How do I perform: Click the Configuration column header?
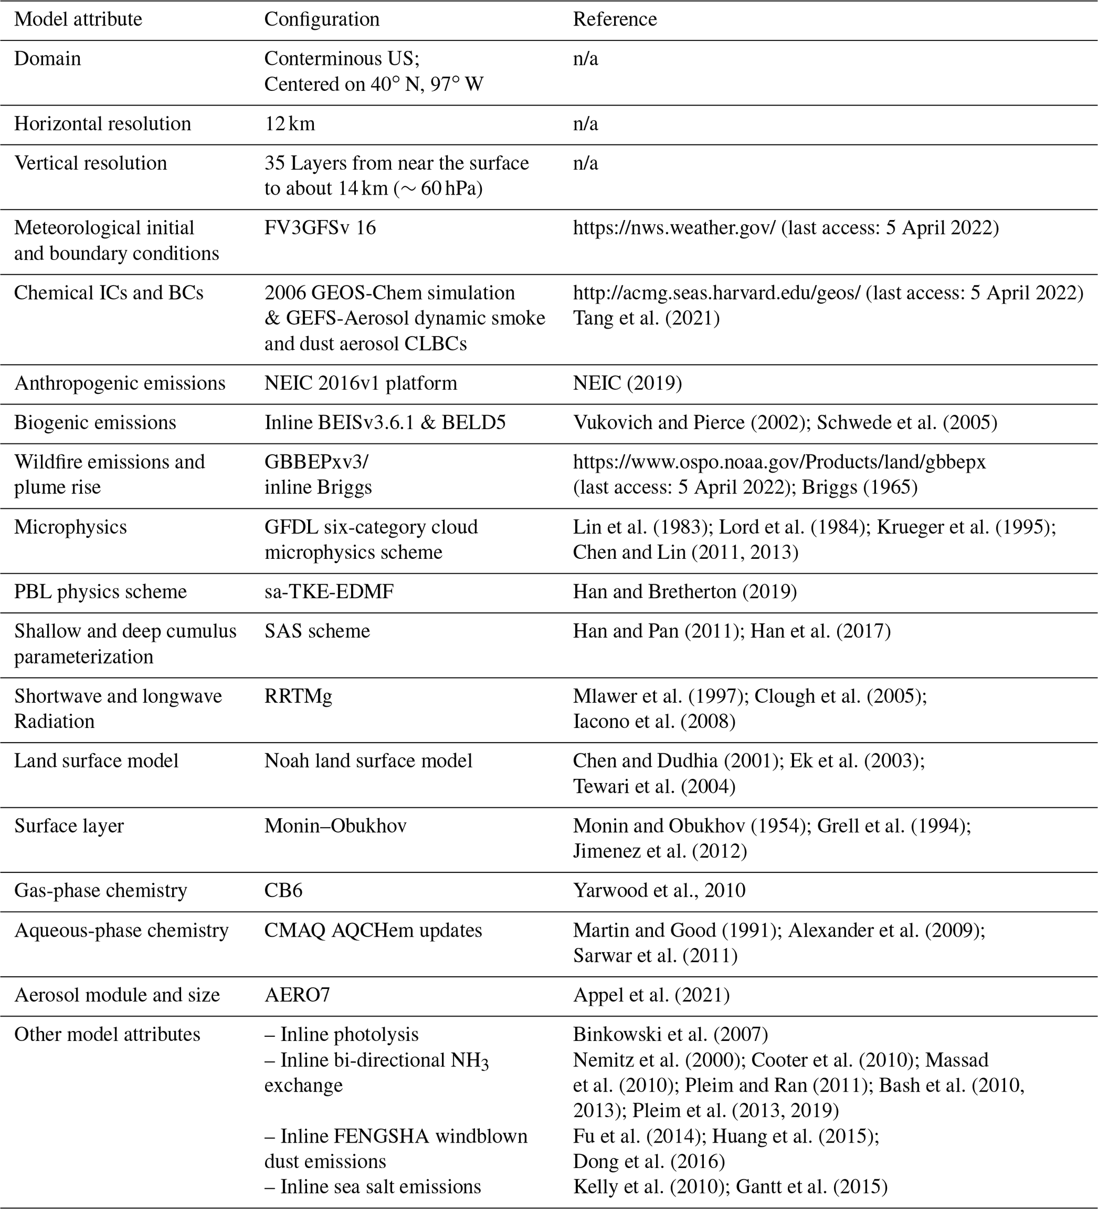pos(322,19)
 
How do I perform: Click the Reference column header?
pos(615,19)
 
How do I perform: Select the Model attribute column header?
pos(78,19)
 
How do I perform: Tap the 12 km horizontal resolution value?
pos(290,123)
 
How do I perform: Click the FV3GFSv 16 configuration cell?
pos(320,228)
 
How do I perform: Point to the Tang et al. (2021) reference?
pos(646,318)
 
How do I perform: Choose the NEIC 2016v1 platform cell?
pos(360,383)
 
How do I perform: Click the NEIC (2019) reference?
pos(627,383)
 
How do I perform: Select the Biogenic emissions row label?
pos(95,423)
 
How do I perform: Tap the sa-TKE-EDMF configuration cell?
pos(329,592)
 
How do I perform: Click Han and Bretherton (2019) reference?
pos(684,592)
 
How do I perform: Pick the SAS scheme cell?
pos(317,631)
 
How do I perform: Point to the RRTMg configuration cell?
pos(298,696)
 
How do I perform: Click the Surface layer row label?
pos(69,826)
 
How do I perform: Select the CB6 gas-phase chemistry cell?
pos(283,891)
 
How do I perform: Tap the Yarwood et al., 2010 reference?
pos(659,891)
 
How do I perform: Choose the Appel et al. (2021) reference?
pos(651,995)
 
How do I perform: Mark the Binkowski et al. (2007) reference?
pos(670,1035)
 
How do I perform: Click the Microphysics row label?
pos(70,527)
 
